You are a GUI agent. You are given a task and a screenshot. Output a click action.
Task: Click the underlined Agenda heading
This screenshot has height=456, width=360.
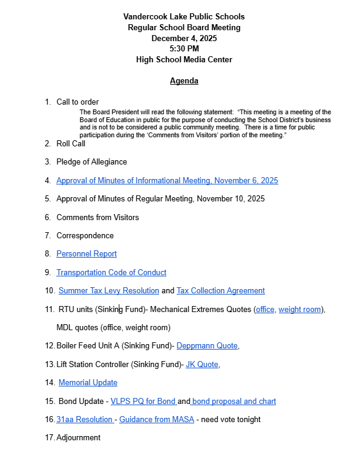(184, 81)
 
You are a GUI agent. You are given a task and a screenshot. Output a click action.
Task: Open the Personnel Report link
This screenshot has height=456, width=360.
(87, 254)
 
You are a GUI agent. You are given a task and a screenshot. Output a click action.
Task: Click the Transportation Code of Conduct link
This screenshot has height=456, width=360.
(111, 273)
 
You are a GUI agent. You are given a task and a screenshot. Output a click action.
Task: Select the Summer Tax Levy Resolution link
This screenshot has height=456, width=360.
(109, 291)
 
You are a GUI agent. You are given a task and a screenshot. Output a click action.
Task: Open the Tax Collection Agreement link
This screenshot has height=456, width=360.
(220, 291)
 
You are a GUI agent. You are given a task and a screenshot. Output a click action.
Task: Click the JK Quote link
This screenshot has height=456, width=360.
(202, 365)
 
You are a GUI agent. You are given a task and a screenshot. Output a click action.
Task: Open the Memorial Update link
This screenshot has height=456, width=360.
(88, 383)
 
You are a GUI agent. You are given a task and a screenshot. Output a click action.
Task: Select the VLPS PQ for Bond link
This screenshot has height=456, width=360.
(143, 401)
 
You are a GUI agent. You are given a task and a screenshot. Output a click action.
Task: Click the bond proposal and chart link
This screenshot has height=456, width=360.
(234, 401)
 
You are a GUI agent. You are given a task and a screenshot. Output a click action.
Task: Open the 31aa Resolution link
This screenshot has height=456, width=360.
(84, 420)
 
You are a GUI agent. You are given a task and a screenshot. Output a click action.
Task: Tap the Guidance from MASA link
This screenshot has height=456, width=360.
(149, 420)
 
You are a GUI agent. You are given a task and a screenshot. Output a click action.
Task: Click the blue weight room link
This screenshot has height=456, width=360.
(299, 310)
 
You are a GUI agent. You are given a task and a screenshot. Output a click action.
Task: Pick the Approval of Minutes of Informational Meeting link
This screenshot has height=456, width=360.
(167, 181)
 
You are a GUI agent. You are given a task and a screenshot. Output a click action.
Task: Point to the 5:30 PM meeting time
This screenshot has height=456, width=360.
(184, 49)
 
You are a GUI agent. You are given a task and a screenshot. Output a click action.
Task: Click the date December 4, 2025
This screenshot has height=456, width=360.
(184, 38)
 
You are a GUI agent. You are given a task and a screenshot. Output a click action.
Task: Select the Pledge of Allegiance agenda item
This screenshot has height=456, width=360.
(91, 162)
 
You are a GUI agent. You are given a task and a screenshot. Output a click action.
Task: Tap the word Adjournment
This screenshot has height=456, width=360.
(78, 438)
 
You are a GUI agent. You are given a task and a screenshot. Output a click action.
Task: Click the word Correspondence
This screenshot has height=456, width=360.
(85, 236)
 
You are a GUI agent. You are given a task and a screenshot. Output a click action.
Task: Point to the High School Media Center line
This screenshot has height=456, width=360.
(184, 60)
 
